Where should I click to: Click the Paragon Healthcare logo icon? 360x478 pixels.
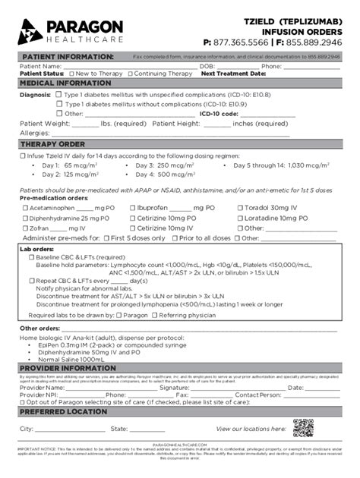pyautogui.click(x=28, y=31)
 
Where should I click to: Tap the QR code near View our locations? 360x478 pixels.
pyautogui.click(x=303, y=429)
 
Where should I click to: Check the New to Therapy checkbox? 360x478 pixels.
pyautogui.click(x=70, y=74)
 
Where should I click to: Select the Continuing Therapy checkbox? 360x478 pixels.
pyautogui.click(x=131, y=74)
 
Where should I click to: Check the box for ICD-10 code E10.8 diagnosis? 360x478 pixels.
pyautogui.click(x=59, y=95)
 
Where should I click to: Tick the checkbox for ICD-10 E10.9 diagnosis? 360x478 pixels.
pyautogui.click(x=59, y=104)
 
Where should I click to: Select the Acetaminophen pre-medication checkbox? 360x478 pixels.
pyautogui.click(x=24, y=207)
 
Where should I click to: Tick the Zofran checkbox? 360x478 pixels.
pyautogui.click(x=24, y=228)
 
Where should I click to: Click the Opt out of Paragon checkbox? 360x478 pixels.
pyautogui.click(x=23, y=403)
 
